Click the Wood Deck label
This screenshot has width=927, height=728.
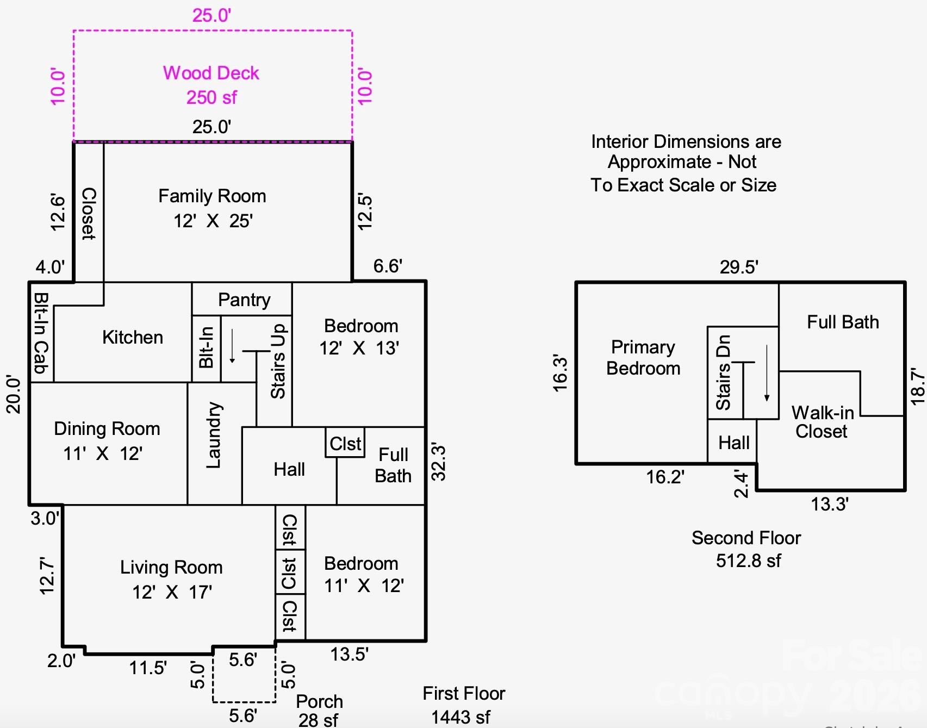coord(211,73)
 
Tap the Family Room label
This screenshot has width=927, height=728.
coord(212,196)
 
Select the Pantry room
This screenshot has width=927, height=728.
coord(244,300)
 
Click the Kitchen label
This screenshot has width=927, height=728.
coord(133,338)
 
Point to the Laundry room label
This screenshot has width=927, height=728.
coord(214,435)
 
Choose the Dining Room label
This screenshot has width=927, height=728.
coord(107,429)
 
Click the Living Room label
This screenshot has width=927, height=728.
coord(171,568)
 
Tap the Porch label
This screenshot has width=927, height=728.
coord(319,701)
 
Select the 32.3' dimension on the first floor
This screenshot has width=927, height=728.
coord(438,462)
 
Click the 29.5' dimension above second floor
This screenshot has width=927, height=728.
coord(739,267)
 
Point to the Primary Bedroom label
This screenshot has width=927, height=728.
coord(643,357)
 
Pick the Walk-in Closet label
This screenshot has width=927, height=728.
coord(822,422)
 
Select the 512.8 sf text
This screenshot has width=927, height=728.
coord(748,561)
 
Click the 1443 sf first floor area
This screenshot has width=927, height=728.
coord(461,717)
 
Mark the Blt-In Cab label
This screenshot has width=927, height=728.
coord(42,333)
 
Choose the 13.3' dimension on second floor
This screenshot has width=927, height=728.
coord(830,504)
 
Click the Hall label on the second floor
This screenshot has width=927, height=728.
coord(733,443)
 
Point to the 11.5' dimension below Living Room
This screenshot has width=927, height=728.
coord(148,668)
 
